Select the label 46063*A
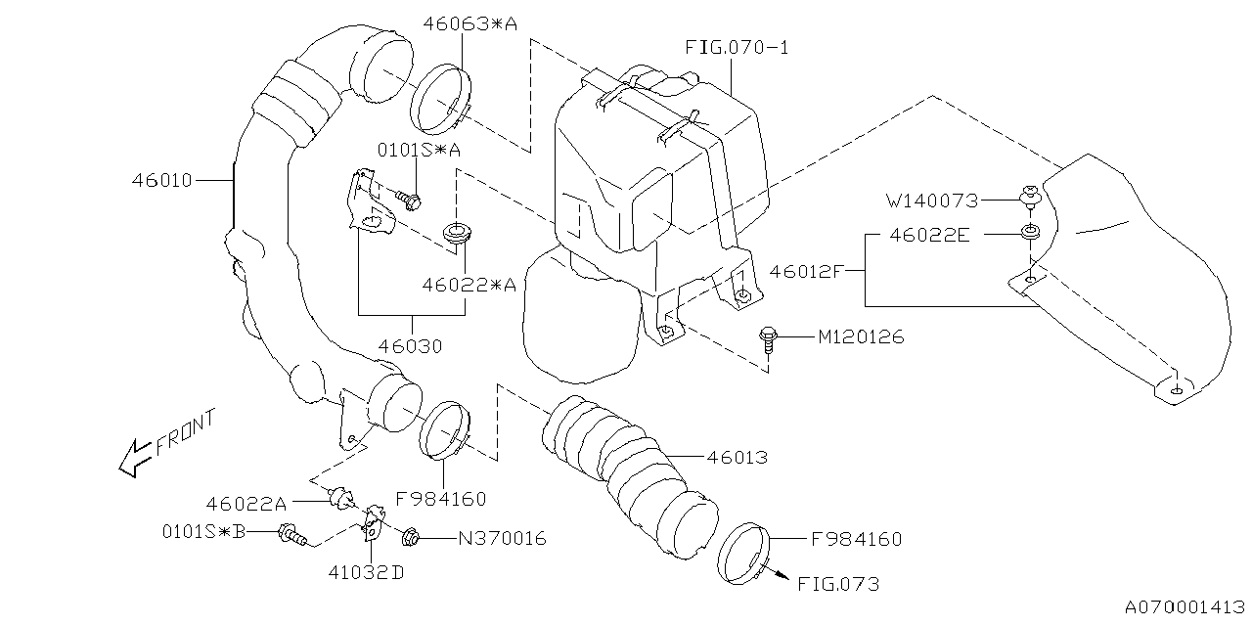[x=469, y=22]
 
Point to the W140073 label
[x=932, y=201]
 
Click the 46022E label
[x=930, y=235]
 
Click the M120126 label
[x=861, y=337]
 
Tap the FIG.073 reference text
[x=837, y=584]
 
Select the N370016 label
[x=501, y=538]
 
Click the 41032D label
[x=369, y=573]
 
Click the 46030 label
[x=411, y=346]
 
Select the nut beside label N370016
[x=412, y=536]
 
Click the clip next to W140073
[x=1029, y=197]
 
